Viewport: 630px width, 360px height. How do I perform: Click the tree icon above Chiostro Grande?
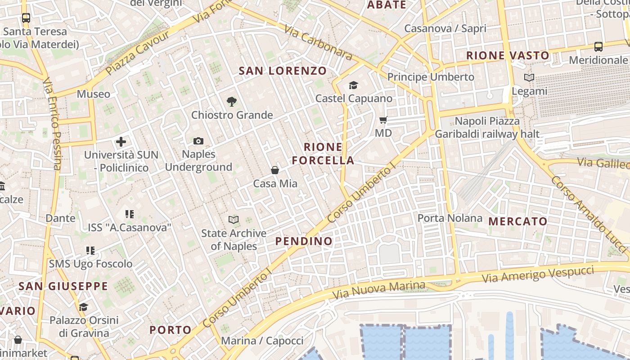pos(232,101)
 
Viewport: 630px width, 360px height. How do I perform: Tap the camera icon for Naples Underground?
pos(198,141)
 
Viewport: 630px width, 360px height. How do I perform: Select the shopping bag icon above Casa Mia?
pos(275,170)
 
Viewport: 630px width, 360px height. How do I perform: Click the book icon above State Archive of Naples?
pos(234,220)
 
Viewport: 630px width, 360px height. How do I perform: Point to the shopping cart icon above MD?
pos(383,120)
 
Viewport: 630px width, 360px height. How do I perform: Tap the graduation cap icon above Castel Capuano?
pos(353,85)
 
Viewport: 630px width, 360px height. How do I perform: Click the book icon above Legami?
pos(529,77)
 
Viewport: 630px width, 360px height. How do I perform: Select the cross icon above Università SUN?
pos(121,142)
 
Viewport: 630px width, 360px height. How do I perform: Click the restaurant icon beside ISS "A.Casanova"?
pos(130,214)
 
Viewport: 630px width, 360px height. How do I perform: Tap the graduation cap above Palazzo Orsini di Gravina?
pos(83,307)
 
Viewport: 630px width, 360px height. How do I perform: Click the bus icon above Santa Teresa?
pos(26,18)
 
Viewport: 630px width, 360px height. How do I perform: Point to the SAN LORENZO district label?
pos(283,71)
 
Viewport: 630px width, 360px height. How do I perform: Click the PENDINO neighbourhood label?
pos(304,241)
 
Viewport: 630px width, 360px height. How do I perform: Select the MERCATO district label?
pos(518,221)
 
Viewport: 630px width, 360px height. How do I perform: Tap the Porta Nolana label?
pos(450,218)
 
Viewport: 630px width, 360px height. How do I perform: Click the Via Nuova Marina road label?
pos(379,290)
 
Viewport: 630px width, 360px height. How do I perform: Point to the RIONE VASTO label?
pos(508,56)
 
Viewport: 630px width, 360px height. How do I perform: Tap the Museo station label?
pos(93,94)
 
